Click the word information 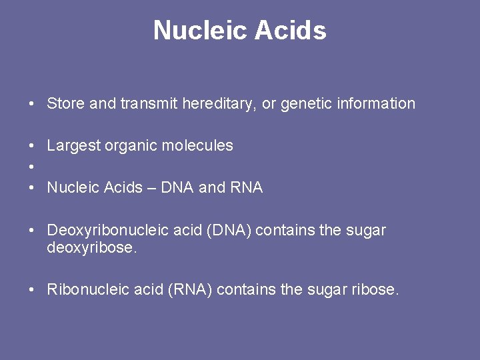pyautogui.click(x=377, y=103)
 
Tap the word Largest pyautogui.click(x=73, y=146)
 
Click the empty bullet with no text pyautogui.click(x=31, y=167)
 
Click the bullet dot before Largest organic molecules pyautogui.click(x=31, y=146)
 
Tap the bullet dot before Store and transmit pyautogui.click(x=31, y=104)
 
